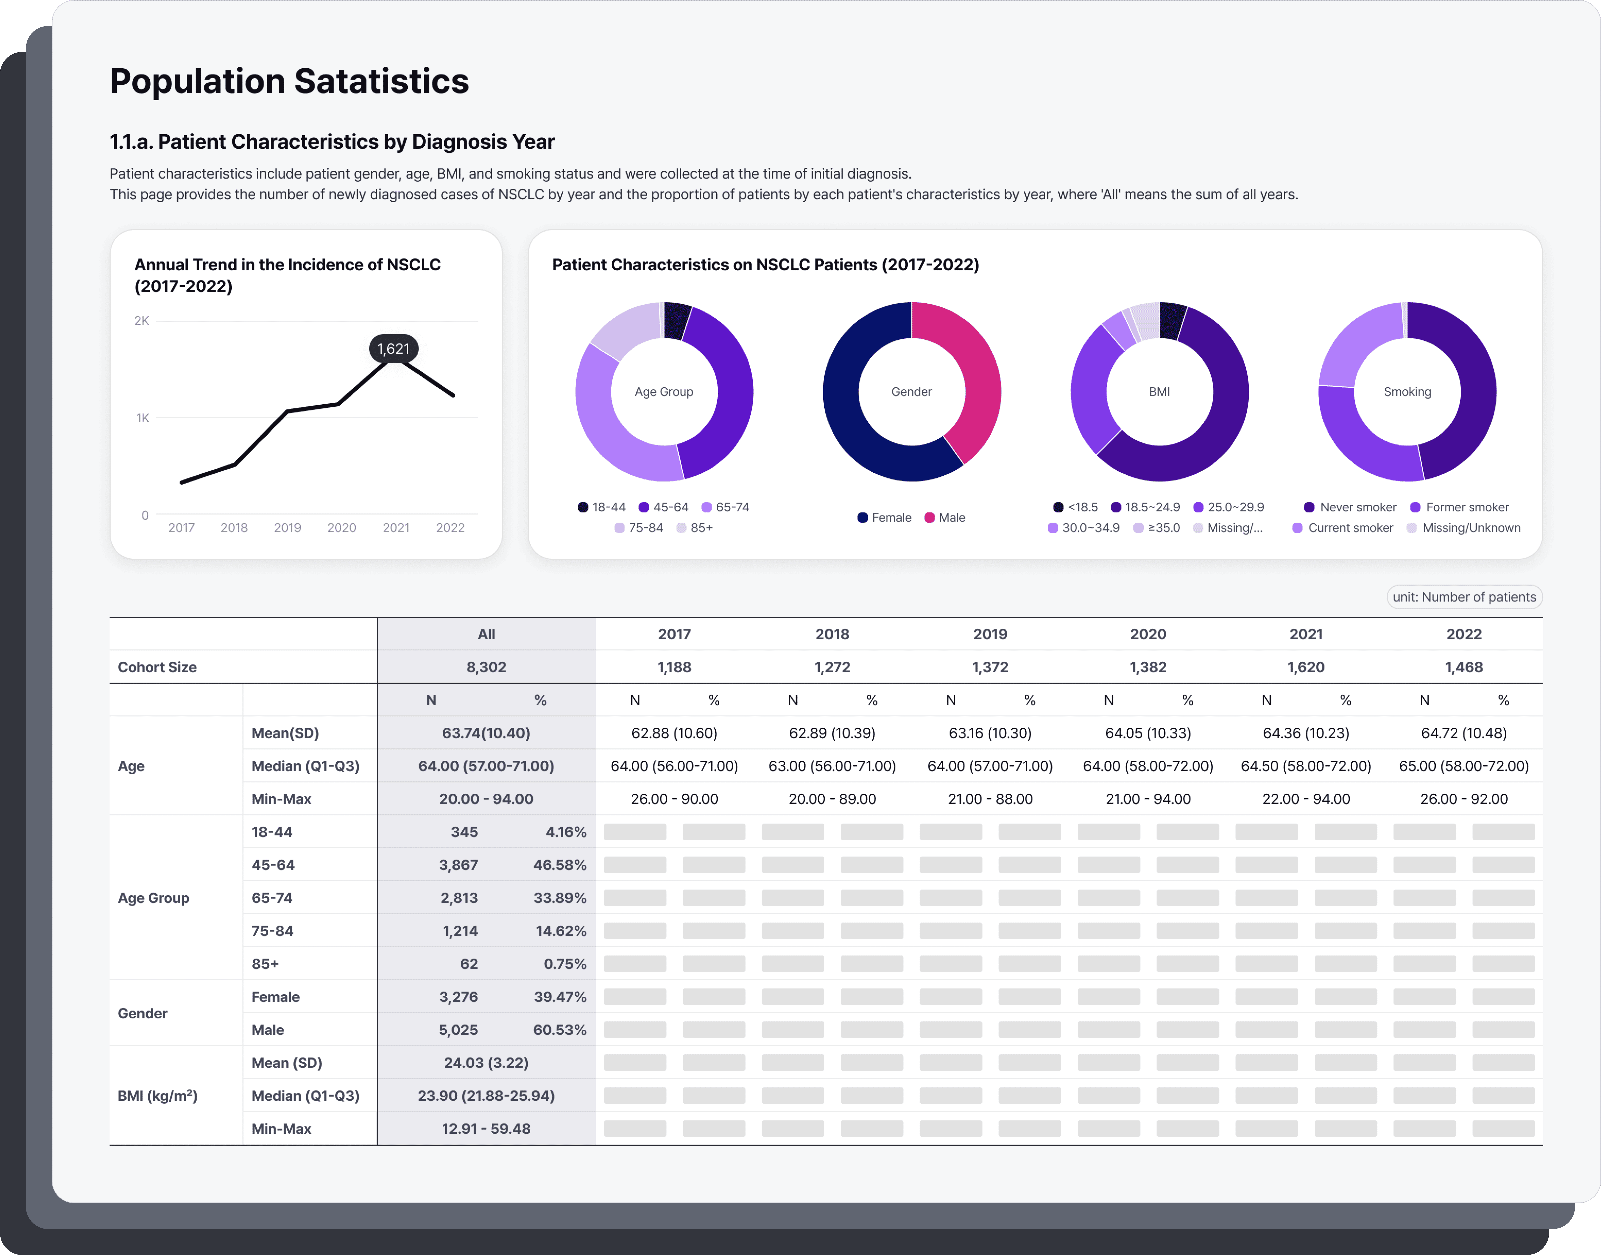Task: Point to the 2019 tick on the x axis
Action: (x=287, y=527)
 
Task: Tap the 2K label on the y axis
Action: (x=142, y=320)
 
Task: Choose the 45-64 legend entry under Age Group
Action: (x=663, y=507)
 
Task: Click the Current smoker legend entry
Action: (x=1342, y=527)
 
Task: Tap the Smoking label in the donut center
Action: (x=1407, y=392)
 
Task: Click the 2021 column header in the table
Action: (x=1306, y=634)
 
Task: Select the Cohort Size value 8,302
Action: (x=486, y=667)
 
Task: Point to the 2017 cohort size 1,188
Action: (x=674, y=667)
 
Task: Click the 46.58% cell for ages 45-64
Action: (x=560, y=865)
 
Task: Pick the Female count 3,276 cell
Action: (x=458, y=996)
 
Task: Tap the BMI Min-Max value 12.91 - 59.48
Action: (x=486, y=1129)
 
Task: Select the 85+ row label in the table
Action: (x=265, y=963)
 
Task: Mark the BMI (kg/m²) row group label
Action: (x=157, y=1096)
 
